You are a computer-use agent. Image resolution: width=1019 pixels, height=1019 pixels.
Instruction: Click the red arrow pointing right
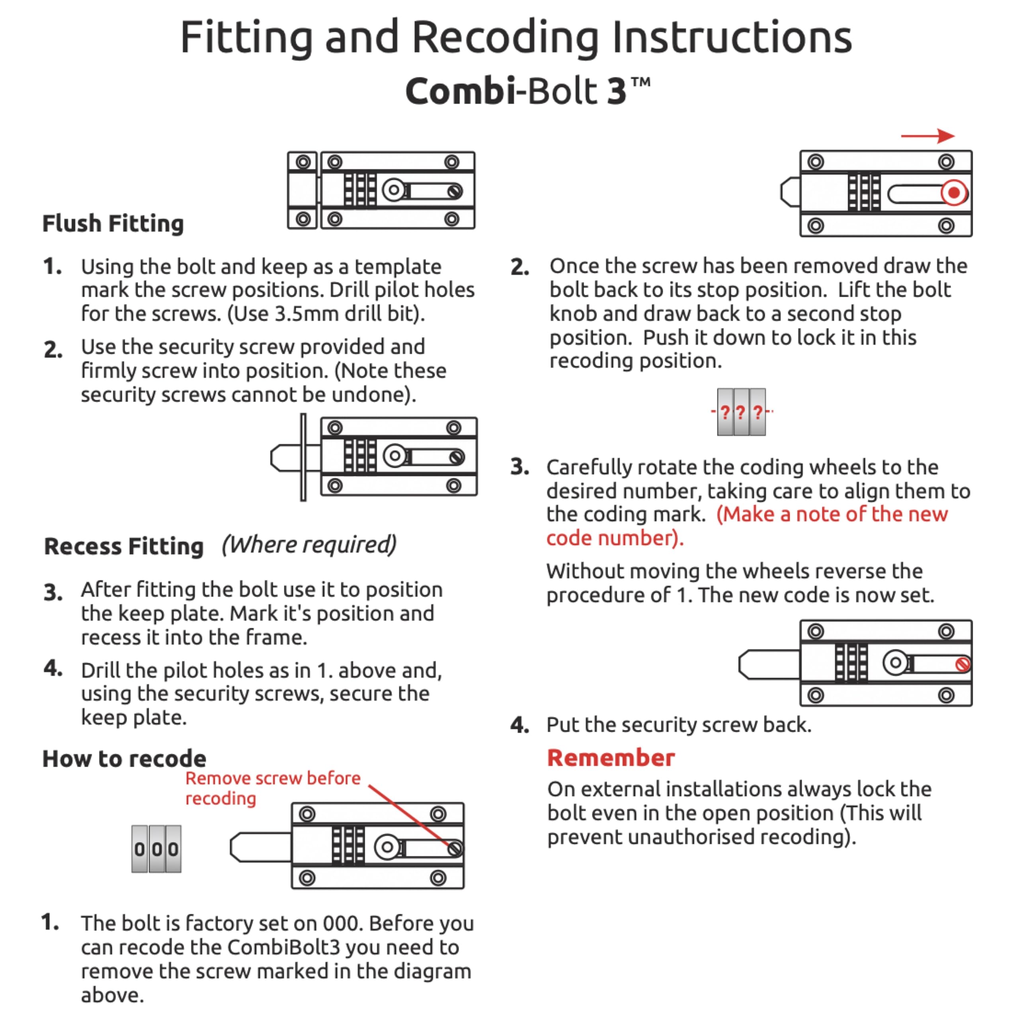pyautogui.click(x=927, y=136)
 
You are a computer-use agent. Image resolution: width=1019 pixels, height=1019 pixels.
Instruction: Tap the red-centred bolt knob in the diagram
pyautogui.click(x=954, y=193)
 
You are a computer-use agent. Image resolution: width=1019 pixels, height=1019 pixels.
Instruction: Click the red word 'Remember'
pyautogui.click(x=611, y=757)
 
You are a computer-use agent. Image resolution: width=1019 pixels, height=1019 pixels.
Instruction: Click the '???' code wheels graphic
pyautogui.click(x=741, y=412)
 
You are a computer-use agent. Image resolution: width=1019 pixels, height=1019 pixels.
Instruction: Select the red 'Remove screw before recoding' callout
pyautogui.click(x=273, y=788)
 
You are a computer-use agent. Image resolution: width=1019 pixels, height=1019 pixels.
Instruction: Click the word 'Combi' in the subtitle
pyautogui.click(x=460, y=91)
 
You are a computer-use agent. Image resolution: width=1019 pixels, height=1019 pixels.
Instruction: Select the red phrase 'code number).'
pyautogui.click(x=615, y=538)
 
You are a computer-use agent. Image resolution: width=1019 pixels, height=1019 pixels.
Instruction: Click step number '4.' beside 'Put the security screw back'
pyautogui.click(x=519, y=725)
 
